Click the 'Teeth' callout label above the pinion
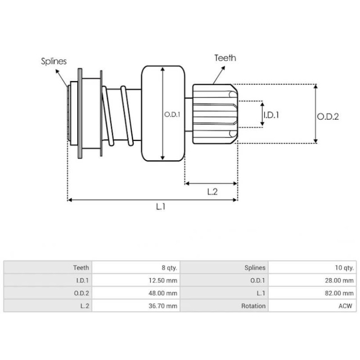[x=225, y=58]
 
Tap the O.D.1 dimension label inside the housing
[x=172, y=114]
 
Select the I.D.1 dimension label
[x=271, y=115]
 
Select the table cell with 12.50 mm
[x=164, y=280]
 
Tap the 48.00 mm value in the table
[x=164, y=293]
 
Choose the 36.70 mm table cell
[x=164, y=306]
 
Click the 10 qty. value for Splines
[x=343, y=267]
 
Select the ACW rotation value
[x=346, y=306]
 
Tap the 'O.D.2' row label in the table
[x=81, y=293]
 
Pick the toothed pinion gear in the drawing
[x=214, y=114]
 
